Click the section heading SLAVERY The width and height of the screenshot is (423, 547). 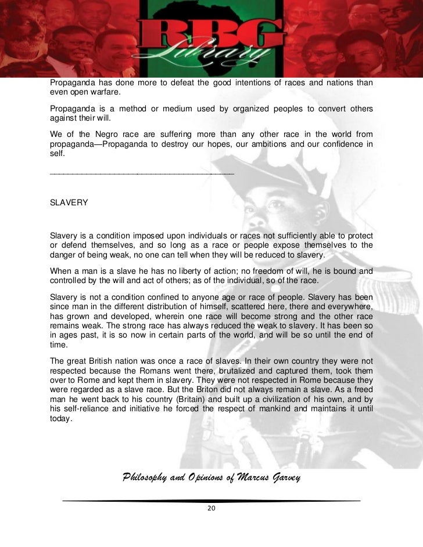pyautogui.click(x=69, y=203)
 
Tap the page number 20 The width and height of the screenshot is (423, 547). pyautogui.click(x=212, y=509)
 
